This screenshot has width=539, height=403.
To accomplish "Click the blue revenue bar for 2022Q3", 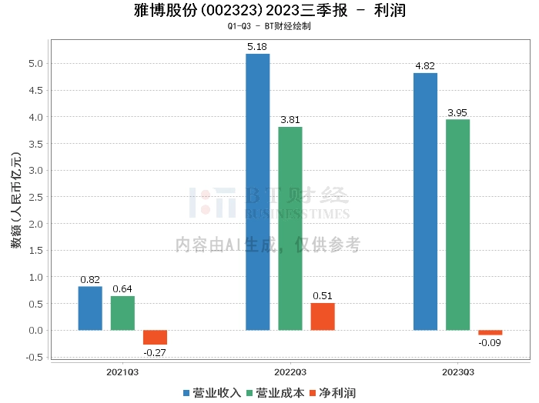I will tap(258, 192).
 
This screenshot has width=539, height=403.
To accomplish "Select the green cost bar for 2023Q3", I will tap(457, 225).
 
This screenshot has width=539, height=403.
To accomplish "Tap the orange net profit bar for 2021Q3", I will tap(155, 337).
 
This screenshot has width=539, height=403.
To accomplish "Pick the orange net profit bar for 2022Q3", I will tap(323, 316).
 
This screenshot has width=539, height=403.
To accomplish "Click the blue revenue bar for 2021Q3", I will tap(90, 308).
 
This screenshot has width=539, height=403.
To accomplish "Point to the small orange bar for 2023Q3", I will tap(490, 332).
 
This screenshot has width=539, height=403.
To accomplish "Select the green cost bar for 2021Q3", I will tap(122, 313).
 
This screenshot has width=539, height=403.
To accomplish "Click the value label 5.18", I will tap(258, 47).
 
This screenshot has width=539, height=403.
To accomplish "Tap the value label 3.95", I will tap(458, 113).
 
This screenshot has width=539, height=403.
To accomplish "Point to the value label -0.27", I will tap(155, 352).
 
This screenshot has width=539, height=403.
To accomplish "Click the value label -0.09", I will tap(490, 343).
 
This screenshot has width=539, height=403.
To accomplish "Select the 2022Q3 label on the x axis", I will tap(290, 372).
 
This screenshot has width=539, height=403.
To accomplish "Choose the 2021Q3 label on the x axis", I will tap(122, 372).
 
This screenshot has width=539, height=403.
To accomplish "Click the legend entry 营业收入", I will tap(212, 392).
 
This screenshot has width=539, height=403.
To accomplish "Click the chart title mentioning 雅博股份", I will tap(269, 11).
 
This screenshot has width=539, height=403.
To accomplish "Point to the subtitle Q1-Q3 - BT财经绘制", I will tap(269, 26).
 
